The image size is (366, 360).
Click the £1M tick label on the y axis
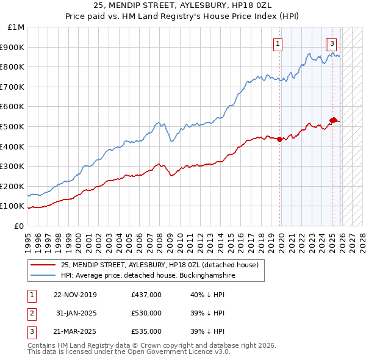pyautogui.click(x=16, y=27)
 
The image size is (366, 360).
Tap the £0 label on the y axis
pyautogui.click(x=20, y=226)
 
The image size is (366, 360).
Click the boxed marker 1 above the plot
pyautogui.click(x=278, y=43)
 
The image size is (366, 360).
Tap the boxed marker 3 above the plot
pyautogui.click(x=332, y=43)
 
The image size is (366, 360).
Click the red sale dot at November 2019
pyautogui.click(x=280, y=139)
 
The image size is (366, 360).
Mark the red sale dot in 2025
pyautogui.click(x=333, y=120)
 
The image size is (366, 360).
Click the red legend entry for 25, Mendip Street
pyautogui.click(x=159, y=265)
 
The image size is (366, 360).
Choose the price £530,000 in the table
pyautogui.click(x=146, y=313)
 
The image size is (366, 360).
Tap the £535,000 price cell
pyautogui.click(x=146, y=332)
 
